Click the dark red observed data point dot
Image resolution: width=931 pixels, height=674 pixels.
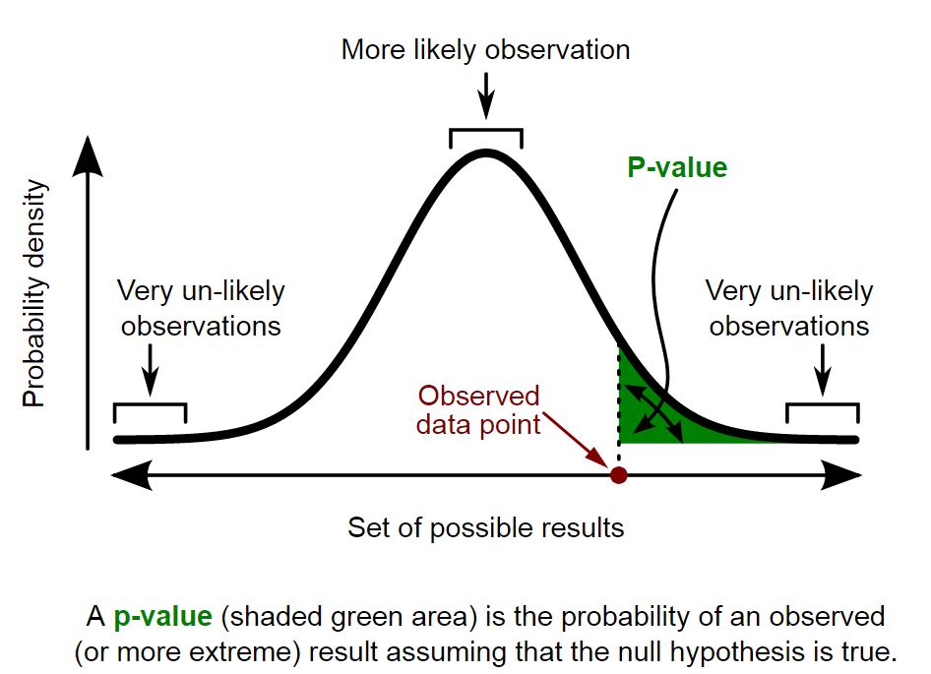[618, 475]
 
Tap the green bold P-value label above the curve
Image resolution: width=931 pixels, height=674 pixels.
[677, 167]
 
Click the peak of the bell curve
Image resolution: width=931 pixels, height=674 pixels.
[485, 153]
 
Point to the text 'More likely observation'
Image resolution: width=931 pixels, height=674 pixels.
[485, 50]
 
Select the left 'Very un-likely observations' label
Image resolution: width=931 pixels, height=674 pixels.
[201, 308]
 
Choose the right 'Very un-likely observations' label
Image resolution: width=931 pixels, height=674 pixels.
[789, 308]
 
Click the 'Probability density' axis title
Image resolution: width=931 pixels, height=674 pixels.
[35, 293]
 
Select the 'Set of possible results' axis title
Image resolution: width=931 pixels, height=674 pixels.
[485, 527]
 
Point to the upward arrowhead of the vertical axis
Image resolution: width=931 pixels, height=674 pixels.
[90, 153]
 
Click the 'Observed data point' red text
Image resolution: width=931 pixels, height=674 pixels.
[479, 410]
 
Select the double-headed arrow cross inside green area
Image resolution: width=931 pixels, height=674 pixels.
[656, 410]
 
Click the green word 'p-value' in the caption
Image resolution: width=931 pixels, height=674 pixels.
[162, 617]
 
